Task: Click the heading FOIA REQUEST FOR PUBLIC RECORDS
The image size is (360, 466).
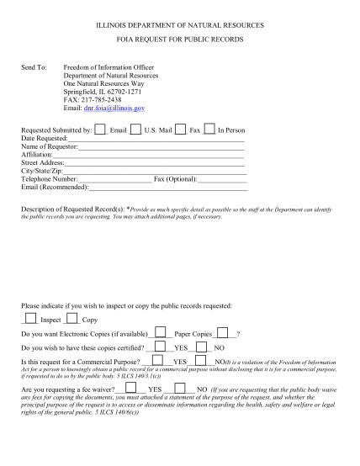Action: (179, 40)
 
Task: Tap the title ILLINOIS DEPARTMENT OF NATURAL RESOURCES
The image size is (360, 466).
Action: (179, 26)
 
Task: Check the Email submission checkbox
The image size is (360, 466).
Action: (100, 129)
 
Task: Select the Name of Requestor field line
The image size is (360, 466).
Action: (160, 149)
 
